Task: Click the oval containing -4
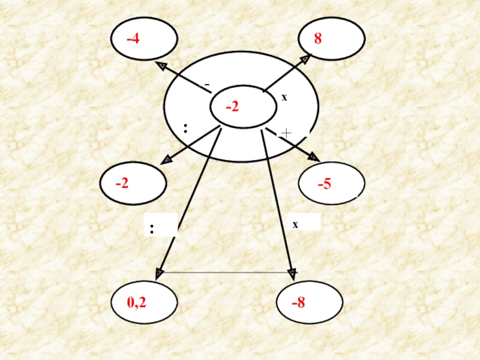[144, 39]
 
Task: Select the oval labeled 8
[332, 39]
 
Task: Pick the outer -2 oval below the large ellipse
[133, 183]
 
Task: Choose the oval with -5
[332, 183]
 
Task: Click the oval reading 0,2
[145, 302]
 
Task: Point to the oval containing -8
[309, 302]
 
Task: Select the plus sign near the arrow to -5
[286, 133]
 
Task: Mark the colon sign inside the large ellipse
[186, 128]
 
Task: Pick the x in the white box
[295, 224]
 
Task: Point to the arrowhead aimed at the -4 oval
[160, 64]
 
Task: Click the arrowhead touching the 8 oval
[306, 58]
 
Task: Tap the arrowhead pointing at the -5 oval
[313, 157]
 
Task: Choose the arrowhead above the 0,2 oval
[159, 274]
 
